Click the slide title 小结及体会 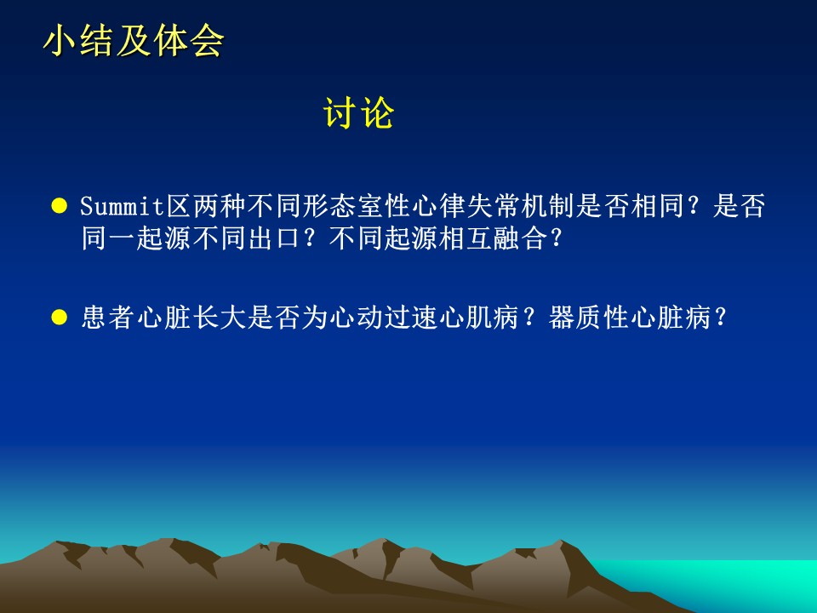(x=134, y=41)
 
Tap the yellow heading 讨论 (x=358, y=112)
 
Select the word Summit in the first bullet (x=123, y=206)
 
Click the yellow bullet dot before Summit (x=60, y=206)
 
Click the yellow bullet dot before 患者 (x=60, y=317)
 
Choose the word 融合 (x=520, y=238)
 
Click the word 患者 (x=108, y=317)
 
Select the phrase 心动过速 (x=384, y=317)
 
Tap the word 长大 (x=219, y=317)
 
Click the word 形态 (x=329, y=206)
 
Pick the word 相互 (x=466, y=238)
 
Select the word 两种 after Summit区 (x=220, y=206)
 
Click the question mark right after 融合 (x=557, y=238)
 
